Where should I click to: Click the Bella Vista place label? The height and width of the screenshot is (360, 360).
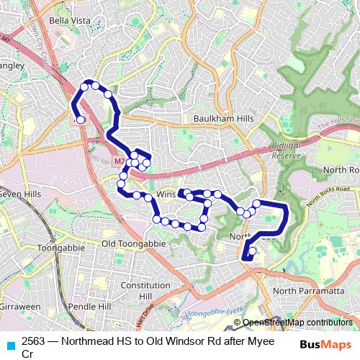click(70, 21)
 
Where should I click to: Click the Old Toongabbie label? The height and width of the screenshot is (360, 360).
click(133, 244)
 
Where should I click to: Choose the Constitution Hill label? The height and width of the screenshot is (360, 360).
click(145, 290)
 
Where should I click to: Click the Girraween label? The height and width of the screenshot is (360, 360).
click(20, 307)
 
